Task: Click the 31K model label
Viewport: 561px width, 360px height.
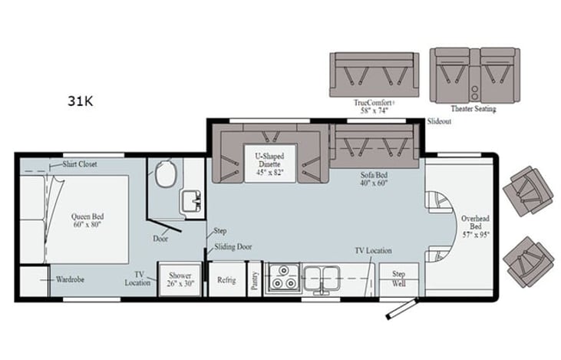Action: click(81, 101)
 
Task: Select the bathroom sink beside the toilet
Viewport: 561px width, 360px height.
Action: click(192, 201)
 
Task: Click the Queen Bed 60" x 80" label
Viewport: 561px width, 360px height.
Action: click(87, 220)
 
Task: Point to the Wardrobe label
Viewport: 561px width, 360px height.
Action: click(70, 279)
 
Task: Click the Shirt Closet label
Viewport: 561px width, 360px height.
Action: click(79, 164)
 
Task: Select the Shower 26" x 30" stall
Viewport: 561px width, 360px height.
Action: click(180, 280)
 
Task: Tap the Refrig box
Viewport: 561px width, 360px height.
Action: click(226, 279)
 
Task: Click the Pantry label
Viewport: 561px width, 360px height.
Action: click(255, 281)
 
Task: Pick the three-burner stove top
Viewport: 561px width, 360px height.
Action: click(283, 277)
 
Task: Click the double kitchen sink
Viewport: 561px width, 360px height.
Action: click(322, 279)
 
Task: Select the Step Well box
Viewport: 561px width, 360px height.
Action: click(398, 279)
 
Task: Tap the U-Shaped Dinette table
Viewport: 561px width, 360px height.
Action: click(270, 164)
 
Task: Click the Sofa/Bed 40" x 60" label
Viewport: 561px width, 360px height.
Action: click(374, 179)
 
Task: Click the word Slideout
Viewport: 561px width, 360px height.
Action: click(439, 121)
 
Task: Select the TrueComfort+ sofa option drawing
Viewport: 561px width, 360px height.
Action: click(375, 74)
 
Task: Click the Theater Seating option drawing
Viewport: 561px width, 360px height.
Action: click(475, 75)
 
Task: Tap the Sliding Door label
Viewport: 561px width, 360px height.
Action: click(233, 247)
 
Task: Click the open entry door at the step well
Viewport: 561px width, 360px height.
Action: click(402, 309)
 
